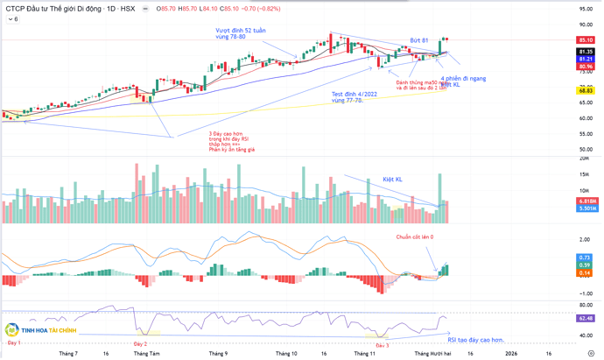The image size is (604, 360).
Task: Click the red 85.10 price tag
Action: coord(586,40)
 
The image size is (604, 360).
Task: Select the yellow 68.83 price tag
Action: coord(586,90)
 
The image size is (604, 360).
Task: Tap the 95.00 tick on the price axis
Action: coord(586,9)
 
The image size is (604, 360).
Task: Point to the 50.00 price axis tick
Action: coord(586,150)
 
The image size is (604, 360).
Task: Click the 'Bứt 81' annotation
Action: coord(419,40)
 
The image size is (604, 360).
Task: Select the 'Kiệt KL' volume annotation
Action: coord(393,179)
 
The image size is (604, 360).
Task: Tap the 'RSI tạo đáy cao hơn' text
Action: coord(475,339)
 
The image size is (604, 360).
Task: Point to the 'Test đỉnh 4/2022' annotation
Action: coord(354,94)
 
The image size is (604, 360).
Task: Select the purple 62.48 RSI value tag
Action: coord(586,318)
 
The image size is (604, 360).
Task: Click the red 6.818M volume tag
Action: coord(586,201)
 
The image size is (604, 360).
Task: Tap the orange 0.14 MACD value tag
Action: coord(586,273)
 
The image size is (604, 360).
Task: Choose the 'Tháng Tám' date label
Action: coord(146,353)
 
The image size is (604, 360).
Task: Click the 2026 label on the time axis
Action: coord(510,353)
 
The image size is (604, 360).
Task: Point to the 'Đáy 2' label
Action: coord(140,343)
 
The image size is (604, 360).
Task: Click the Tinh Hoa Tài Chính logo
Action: coord(41,330)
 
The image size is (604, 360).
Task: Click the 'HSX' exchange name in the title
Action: coord(128,9)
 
